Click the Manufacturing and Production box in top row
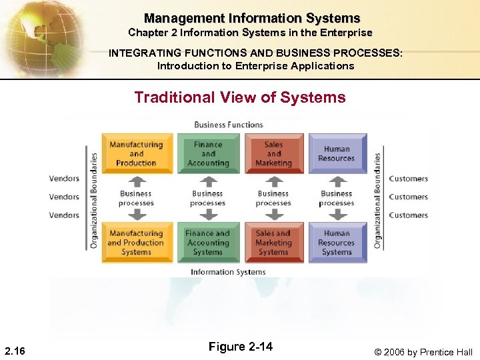pos(136,153)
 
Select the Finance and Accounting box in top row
pos(208,153)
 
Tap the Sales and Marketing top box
pos(273,153)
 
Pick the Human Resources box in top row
pos(337,153)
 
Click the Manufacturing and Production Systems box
pos(136,243)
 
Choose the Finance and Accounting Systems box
pos(208,243)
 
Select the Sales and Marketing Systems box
pos(273,243)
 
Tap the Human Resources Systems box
pos(337,243)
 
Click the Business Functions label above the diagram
pos(229,125)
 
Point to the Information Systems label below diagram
pos(228,272)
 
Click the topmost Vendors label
pos(64,179)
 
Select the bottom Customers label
pos(408,215)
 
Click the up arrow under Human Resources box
pos(338,181)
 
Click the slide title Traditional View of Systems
pos(240,97)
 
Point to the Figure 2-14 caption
pos(241,347)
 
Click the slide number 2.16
pos(15,351)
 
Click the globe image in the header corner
pos(40,37)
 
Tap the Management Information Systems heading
pos(252,19)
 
